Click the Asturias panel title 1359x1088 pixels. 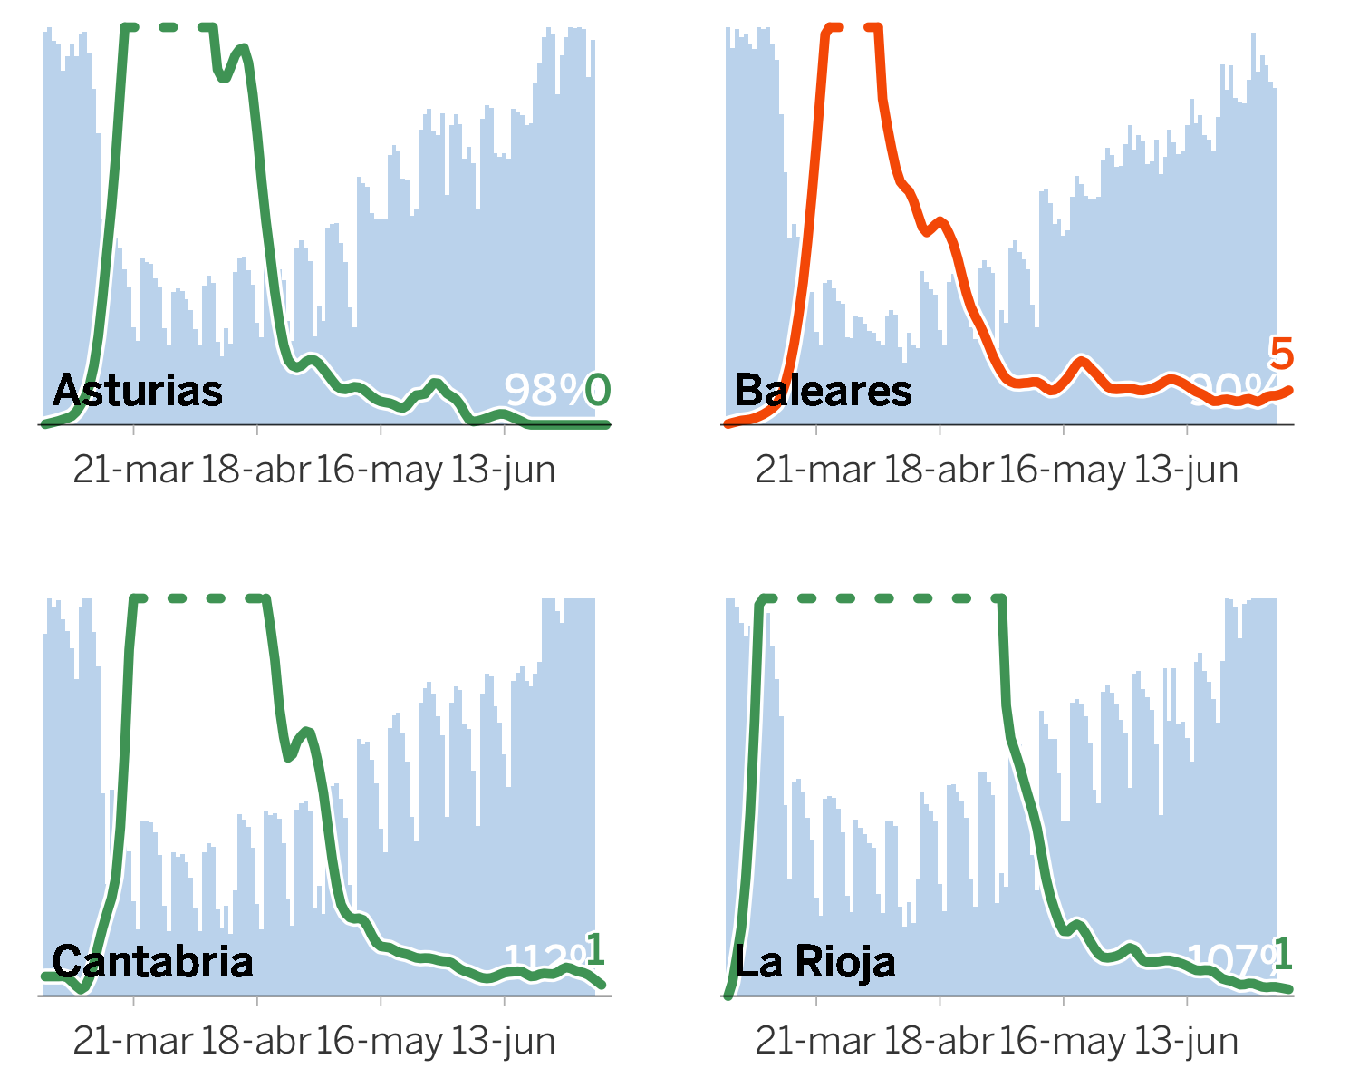(138, 391)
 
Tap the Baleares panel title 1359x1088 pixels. (823, 391)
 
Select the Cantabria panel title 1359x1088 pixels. (152, 962)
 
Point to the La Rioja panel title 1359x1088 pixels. (814, 962)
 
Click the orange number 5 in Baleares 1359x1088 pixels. (1281, 354)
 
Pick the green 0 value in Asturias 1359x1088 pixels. (598, 390)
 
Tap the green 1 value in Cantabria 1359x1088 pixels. (594, 950)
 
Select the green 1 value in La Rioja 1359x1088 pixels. (1282, 954)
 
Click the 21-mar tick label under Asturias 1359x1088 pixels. (133, 470)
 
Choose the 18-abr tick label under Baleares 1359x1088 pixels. (939, 470)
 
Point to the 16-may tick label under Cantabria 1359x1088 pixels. (380, 1041)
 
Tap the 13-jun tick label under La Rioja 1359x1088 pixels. (1186, 1041)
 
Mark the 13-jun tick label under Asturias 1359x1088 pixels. (503, 470)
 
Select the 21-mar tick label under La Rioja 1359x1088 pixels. (815, 1041)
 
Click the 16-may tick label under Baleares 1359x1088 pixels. (1062, 470)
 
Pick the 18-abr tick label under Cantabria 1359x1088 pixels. (255, 1041)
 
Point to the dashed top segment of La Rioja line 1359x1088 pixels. (883, 598)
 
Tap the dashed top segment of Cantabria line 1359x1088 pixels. (199, 598)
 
